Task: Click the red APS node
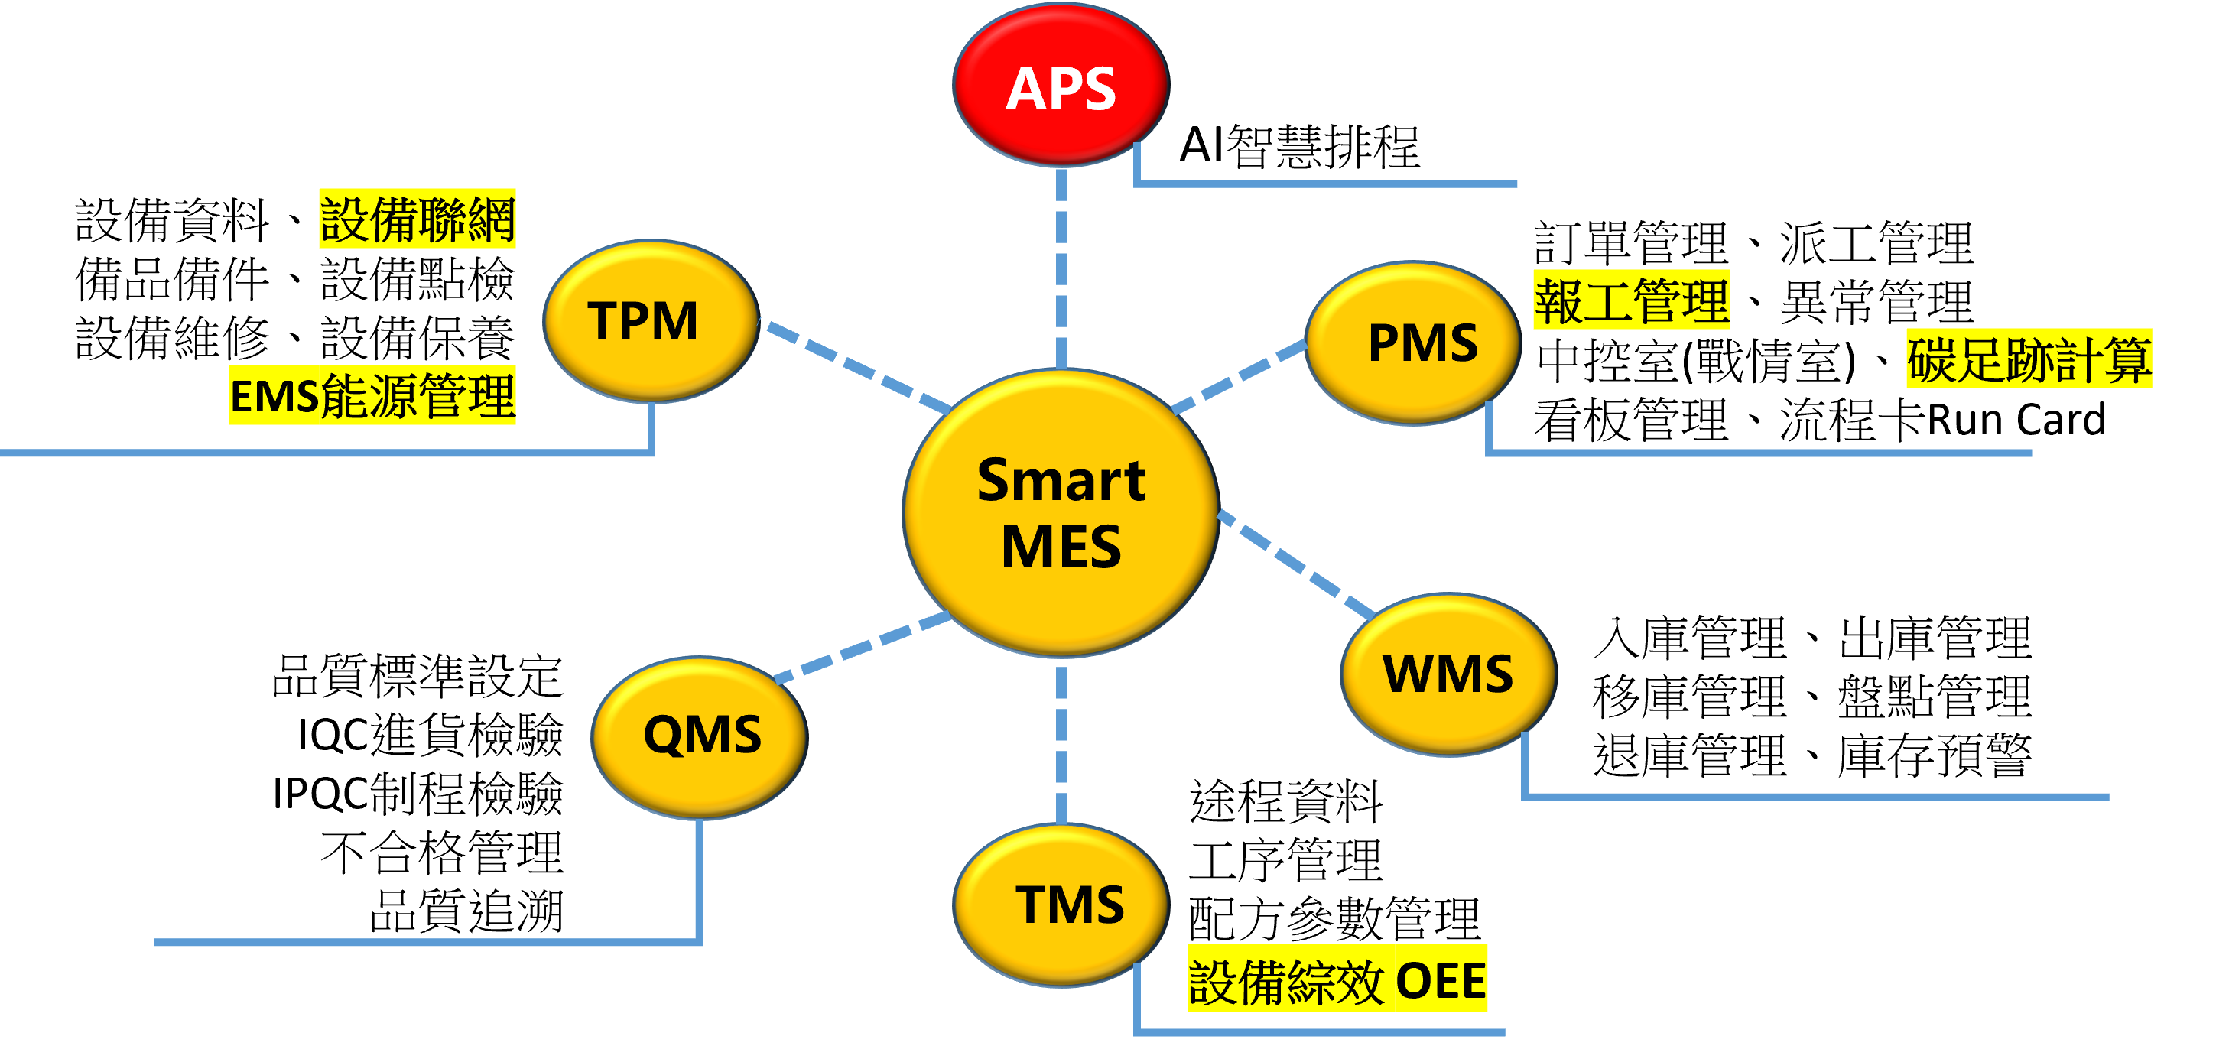(x=1061, y=85)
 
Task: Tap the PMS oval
(x=1412, y=343)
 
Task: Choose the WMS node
(x=1448, y=674)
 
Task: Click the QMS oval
(x=700, y=736)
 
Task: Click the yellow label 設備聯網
(x=418, y=219)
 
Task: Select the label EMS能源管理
(x=372, y=395)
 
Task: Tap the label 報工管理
(x=1631, y=300)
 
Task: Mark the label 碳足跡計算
(x=2029, y=359)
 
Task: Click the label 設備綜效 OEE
(x=1337, y=979)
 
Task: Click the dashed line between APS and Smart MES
(x=1061, y=267)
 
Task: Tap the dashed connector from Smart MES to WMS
(x=1295, y=564)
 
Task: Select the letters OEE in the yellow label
(x=1440, y=979)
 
